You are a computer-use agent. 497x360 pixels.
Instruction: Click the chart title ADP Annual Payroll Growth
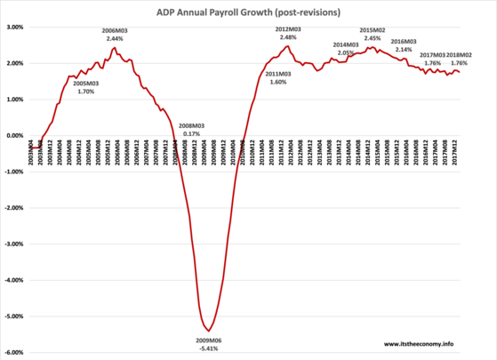point(248,10)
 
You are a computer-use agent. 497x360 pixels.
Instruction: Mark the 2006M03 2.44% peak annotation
point(114,35)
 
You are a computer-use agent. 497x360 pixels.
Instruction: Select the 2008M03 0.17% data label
point(192,130)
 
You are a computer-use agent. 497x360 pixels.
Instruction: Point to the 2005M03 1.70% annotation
point(85,87)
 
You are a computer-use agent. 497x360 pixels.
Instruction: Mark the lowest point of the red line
point(208,331)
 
